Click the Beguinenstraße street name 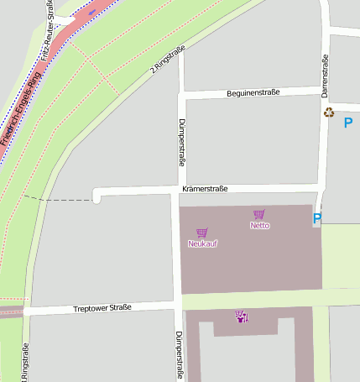[253, 92]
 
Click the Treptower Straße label [102, 308]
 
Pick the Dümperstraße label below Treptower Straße [179, 354]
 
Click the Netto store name [260, 226]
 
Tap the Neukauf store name [202, 243]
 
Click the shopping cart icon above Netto [258, 215]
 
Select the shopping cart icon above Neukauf [201, 233]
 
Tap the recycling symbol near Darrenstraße [328, 112]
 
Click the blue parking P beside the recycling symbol [348, 123]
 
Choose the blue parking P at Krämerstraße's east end [317, 219]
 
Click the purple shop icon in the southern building [242, 317]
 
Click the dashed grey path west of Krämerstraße [59, 200]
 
